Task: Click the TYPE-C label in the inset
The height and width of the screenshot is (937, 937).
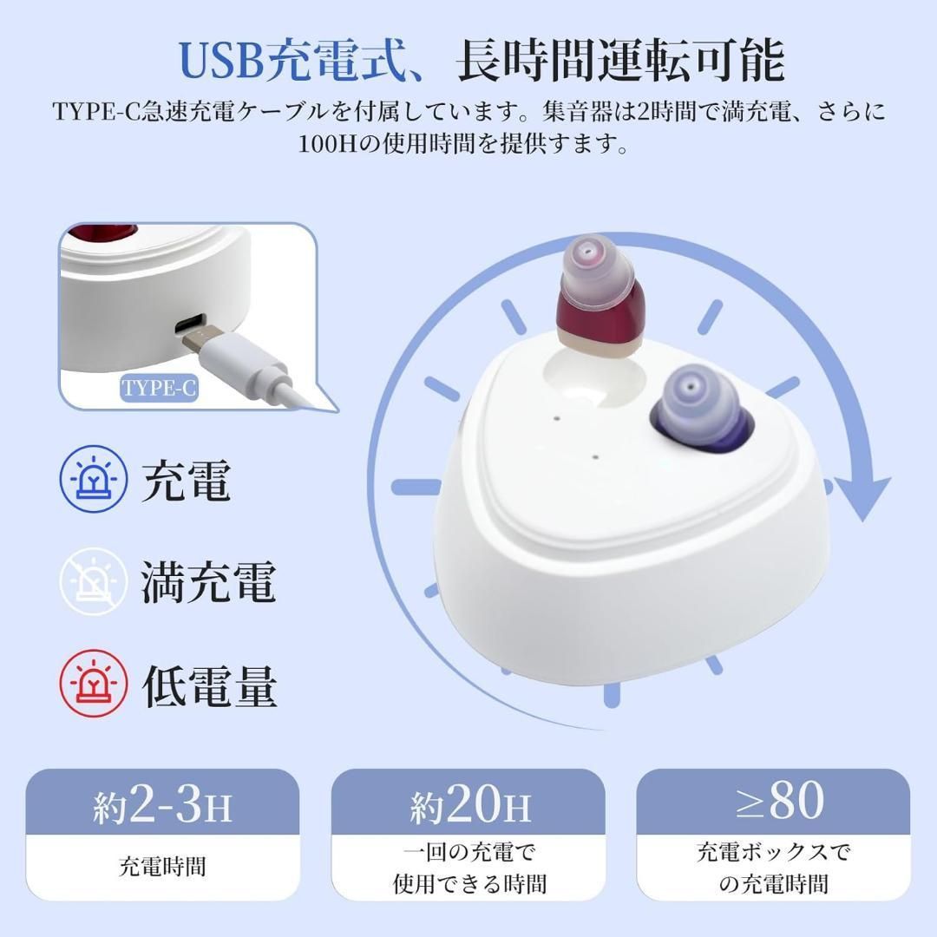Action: pos(160,387)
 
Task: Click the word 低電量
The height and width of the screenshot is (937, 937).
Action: pos(209,685)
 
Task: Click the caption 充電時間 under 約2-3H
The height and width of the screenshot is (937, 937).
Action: pos(162,867)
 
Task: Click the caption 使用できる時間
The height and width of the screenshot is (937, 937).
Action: pos(469,884)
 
